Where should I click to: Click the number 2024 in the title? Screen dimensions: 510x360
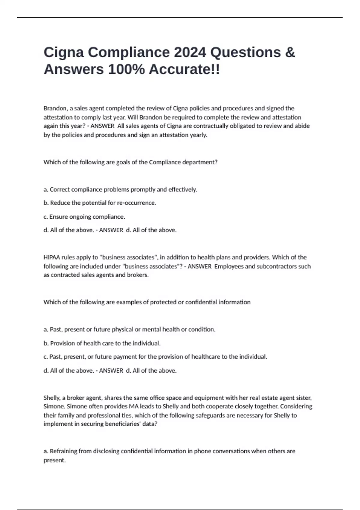click(190, 52)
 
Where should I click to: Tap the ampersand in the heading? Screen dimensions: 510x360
click(290, 52)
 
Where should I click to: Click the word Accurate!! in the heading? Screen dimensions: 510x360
click(184, 70)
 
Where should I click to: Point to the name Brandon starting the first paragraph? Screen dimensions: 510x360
click(55, 108)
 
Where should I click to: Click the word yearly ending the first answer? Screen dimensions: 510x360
click(199, 135)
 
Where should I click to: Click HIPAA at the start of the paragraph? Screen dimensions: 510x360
click(52, 257)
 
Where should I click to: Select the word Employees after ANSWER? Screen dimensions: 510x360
click(229, 266)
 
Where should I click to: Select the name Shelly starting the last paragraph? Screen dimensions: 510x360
click(52, 398)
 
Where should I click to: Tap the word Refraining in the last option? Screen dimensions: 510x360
click(64, 451)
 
